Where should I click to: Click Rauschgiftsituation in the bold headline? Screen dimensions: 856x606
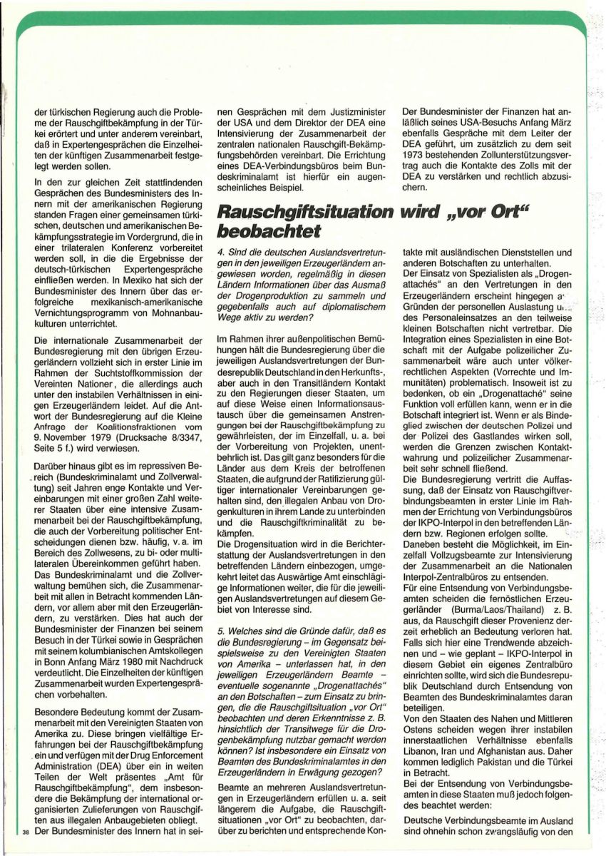point(299,213)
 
